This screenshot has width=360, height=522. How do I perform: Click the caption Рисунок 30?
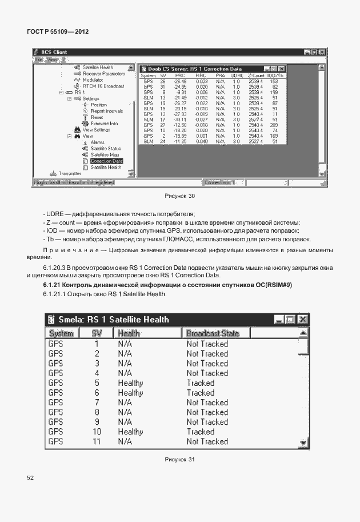(180, 196)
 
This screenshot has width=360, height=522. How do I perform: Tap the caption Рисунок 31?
(180, 459)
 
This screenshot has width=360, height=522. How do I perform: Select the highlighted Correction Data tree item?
(106, 161)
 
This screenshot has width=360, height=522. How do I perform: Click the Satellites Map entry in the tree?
(105, 155)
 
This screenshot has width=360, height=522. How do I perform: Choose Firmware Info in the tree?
(104, 123)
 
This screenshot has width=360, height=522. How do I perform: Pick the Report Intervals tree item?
(106, 111)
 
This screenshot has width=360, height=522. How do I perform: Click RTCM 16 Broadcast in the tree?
(103, 86)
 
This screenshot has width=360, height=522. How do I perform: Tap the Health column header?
(129, 333)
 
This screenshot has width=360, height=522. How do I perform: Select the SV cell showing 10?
(97, 432)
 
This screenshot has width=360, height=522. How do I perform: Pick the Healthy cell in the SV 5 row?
(130, 383)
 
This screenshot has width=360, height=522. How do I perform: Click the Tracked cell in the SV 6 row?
(200, 393)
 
